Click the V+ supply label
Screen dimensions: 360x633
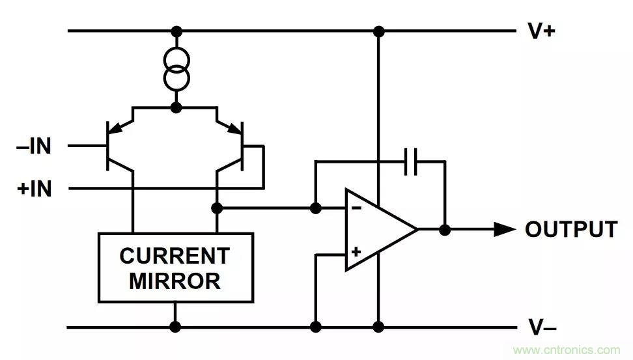(541, 31)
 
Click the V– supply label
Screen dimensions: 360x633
(541, 327)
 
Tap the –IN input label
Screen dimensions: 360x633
(34, 146)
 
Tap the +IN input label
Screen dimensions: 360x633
(34, 189)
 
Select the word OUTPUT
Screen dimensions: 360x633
(571, 229)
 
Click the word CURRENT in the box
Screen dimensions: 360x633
(175, 255)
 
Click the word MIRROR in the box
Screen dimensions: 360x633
(175, 281)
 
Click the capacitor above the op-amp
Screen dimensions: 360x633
(411, 161)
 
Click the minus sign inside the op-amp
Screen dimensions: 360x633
(356, 208)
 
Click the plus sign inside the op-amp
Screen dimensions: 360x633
(356, 251)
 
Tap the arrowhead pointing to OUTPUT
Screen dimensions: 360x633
(504, 229)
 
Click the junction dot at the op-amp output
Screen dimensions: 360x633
(445, 229)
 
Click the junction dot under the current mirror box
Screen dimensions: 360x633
(175, 327)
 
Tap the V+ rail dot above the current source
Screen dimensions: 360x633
(175, 31)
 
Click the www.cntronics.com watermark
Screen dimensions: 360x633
(567, 350)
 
